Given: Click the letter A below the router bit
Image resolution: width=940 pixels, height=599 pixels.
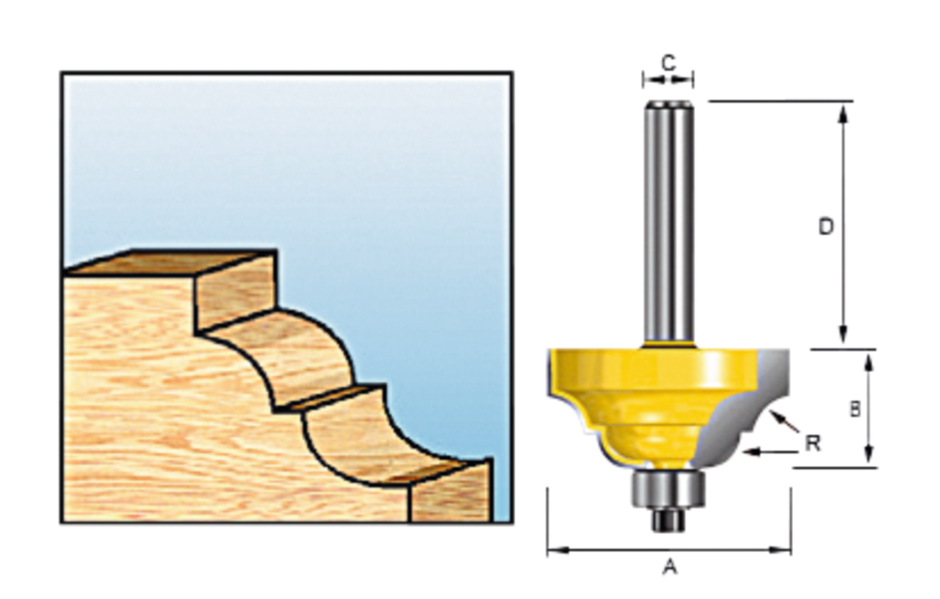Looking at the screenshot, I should pyautogui.click(x=669, y=568).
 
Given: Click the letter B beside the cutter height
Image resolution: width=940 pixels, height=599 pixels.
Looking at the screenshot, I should pyautogui.click(x=855, y=410).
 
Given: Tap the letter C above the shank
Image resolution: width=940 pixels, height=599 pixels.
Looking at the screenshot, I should pyautogui.click(x=668, y=62).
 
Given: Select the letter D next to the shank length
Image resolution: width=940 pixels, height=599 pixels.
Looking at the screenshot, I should pyautogui.click(x=826, y=226).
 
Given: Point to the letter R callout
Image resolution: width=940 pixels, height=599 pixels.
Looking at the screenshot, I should pyautogui.click(x=811, y=444).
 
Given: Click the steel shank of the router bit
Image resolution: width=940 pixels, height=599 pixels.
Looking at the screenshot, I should pyautogui.click(x=667, y=220).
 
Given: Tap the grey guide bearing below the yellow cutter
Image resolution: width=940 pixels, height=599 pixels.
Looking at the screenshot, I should pyautogui.click(x=667, y=489).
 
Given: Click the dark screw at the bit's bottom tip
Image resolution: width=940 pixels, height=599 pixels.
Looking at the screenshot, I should pyautogui.click(x=667, y=520).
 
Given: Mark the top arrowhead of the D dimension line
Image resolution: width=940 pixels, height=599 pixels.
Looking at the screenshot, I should pyautogui.click(x=843, y=111).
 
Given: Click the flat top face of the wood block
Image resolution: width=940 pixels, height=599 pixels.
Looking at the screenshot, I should pyautogui.click(x=170, y=262).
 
